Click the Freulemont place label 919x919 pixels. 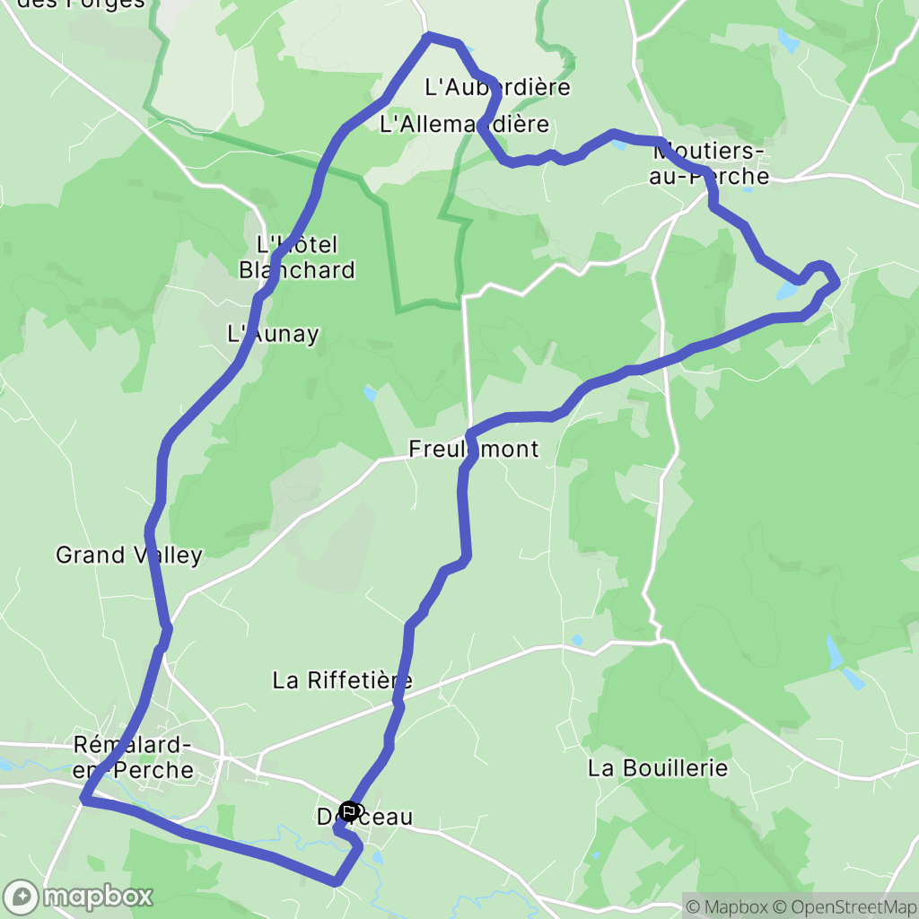473,449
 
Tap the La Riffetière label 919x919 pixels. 342,680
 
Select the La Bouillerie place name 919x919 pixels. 657,768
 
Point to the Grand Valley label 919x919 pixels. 128,555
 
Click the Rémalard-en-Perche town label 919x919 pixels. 134,757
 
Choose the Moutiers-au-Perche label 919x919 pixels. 709,162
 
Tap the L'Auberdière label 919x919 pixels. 497,87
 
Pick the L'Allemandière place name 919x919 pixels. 463,124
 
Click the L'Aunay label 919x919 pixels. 273,335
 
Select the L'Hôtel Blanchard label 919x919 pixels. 296,257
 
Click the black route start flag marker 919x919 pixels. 349,811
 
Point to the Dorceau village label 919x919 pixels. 364,817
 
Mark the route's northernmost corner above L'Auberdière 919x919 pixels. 429,36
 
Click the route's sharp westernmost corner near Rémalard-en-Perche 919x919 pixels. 83,797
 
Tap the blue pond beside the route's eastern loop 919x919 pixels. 787,290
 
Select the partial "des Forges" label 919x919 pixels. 81,4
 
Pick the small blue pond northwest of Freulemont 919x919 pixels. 370,393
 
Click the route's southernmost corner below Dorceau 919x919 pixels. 336,882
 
